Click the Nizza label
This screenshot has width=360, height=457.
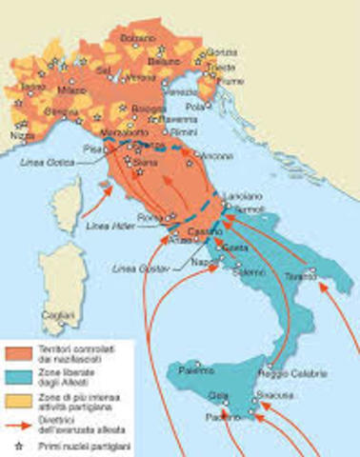(20, 135)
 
